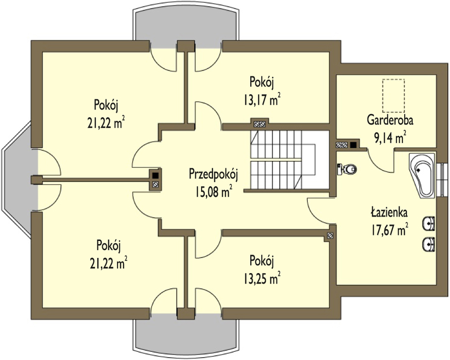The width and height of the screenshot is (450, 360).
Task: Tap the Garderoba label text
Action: point(390,120)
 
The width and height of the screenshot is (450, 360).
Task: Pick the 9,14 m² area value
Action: point(390,138)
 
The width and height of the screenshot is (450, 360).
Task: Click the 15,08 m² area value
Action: point(214,192)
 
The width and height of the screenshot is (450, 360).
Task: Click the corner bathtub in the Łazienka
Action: point(422,175)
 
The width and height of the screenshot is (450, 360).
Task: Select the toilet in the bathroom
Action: point(347,169)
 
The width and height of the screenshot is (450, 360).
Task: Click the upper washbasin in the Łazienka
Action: point(429,223)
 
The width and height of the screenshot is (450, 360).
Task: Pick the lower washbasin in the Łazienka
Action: point(429,245)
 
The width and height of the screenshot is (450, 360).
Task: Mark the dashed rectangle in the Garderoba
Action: point(393,96)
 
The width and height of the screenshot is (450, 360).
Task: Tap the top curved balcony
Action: point(185,25)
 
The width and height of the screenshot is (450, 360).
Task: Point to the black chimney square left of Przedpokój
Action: point(155,175)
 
